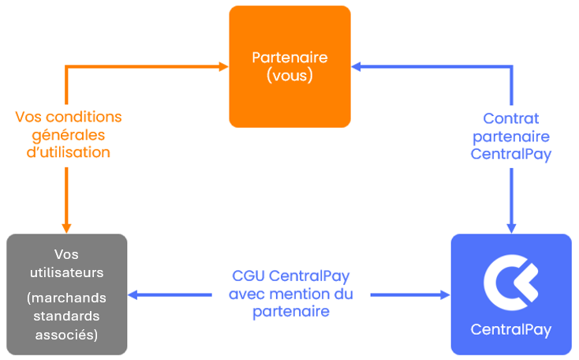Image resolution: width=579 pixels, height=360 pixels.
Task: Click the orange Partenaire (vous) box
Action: (289, 66)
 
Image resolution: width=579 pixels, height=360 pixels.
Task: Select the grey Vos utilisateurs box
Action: (67, 294)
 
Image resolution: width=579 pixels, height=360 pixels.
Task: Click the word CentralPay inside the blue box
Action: (511, 330)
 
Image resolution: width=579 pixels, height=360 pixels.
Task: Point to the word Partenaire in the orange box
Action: (289, 58)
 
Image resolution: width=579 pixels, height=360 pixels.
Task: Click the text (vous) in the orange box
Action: (289, 76)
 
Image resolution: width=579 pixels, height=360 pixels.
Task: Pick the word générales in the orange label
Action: (69, 135)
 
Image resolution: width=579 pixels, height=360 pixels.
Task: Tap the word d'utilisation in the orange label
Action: (69, 152)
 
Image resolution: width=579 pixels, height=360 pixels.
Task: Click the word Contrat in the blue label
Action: (511, 118)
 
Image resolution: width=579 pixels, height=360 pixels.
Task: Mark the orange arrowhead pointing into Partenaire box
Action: (224, 66)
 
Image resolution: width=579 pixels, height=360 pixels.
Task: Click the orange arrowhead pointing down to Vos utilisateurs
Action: (66, 228)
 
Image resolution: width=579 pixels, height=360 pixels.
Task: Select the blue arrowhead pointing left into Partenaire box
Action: (356, 66)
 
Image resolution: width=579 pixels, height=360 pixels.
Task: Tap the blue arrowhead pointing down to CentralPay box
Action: (511, 228)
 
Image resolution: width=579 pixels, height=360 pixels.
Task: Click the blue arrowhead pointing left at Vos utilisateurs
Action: (133, 295)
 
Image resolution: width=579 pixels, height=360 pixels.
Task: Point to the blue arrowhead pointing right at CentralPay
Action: (446, 295)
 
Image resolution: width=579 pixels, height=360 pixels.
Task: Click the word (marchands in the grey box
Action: (66, 298)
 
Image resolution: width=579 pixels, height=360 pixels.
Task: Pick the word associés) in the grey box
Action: (66, 335)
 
